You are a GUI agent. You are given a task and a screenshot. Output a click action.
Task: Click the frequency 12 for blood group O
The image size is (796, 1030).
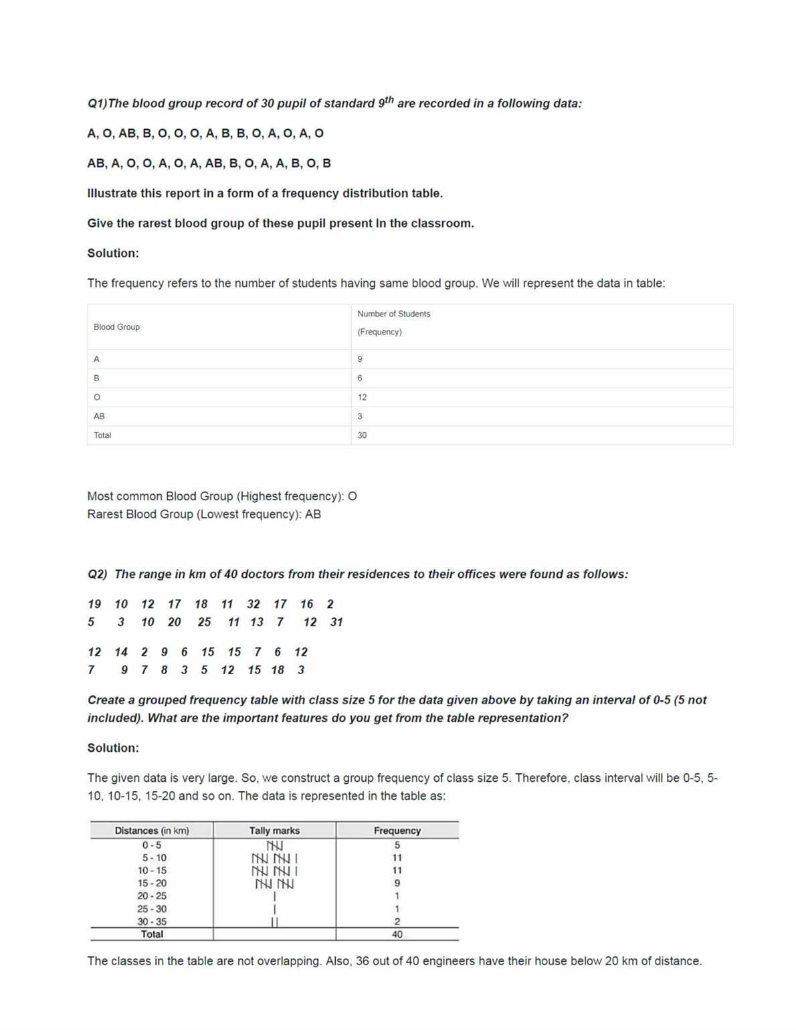(362, 397)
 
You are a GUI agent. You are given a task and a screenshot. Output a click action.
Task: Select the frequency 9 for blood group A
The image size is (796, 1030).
(360, 359)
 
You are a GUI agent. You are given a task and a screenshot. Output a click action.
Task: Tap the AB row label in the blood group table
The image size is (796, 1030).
(99, 416)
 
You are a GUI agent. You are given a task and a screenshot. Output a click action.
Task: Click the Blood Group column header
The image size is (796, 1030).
(116, 327)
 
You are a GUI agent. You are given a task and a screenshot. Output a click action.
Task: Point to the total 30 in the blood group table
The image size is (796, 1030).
(362, 435)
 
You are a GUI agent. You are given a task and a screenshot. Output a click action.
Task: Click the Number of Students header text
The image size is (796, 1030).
(393, 314)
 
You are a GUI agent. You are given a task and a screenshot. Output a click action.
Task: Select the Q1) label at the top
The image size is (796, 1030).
(97, 104)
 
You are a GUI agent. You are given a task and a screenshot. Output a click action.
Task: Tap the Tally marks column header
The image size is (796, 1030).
(274, 831)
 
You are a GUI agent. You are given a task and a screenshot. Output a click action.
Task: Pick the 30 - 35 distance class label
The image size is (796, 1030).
(152, 922)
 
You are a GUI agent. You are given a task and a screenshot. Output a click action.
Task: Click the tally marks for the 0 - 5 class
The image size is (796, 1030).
(274, 845)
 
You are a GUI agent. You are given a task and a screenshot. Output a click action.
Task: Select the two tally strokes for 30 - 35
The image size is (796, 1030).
(274, 922)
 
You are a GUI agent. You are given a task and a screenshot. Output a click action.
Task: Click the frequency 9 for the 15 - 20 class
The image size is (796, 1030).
(397, 884)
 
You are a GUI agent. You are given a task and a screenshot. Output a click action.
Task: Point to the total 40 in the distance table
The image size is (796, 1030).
(397, 934)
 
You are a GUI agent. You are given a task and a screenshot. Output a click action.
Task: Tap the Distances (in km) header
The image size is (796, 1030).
(152, 831)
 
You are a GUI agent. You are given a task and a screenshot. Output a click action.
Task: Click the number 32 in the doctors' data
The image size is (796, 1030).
(254, 604)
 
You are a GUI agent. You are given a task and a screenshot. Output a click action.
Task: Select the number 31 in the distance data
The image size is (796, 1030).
(336, 622)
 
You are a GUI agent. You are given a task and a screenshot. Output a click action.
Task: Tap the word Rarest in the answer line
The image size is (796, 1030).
(106, 514)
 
